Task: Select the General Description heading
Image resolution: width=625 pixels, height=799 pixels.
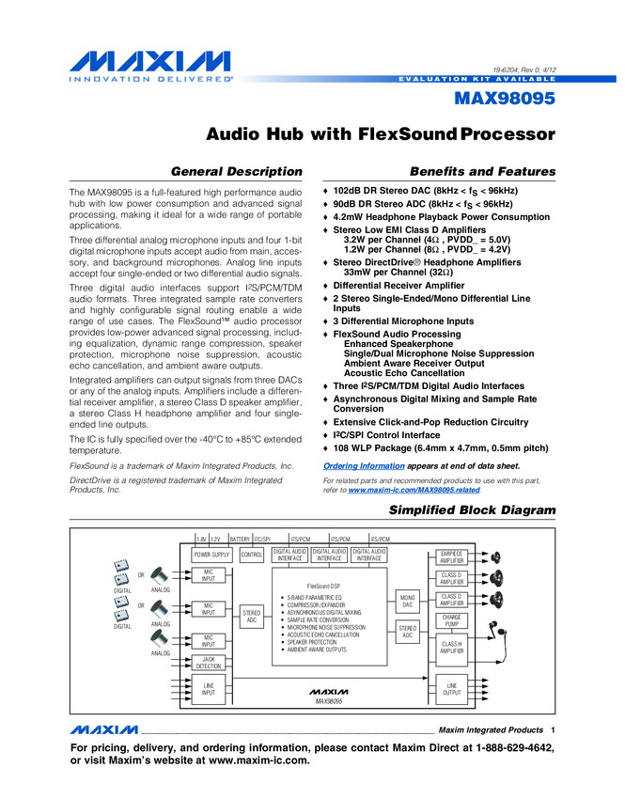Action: coord(235,172)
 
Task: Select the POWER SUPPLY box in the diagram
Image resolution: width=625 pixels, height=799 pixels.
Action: coord(211,556)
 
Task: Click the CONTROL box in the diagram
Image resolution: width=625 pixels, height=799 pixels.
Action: coord(252,556)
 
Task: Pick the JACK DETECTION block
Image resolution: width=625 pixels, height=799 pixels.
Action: coord(209,663)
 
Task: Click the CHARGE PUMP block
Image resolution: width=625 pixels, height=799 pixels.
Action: coord(452,620)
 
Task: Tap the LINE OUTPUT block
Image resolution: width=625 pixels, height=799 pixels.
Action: coord(452,691)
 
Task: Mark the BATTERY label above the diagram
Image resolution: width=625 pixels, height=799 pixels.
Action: coord(240,539)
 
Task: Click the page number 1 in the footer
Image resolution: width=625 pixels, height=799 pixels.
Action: coord(554,730)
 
